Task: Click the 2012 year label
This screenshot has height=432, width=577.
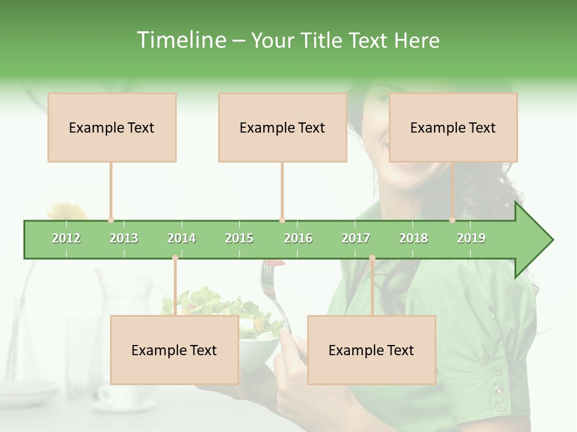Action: [x=66, y=238]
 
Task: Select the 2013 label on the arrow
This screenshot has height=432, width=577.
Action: [x=124, y=238]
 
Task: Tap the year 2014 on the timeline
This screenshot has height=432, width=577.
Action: [x=182, y=238]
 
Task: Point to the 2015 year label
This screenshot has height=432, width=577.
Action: [x=239, y=238]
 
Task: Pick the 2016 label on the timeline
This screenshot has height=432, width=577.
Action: [x=298, y=238]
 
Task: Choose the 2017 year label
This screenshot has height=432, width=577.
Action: [x=356, y=238]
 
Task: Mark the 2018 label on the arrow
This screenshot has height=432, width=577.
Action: [x=414, y=238]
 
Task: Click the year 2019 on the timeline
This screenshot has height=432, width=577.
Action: [x=471, y=238]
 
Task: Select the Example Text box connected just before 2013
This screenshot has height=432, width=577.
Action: [x=112, y=127]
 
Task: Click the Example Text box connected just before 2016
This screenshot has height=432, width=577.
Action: [x=282, y=127]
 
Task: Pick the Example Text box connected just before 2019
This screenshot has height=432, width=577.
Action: [x=453, y=127]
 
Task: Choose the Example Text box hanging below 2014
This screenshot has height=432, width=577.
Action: [x=174, y=350]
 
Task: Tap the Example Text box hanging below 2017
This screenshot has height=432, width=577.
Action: [x=371, y=350]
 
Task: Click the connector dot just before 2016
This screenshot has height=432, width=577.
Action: [x=282, y=220]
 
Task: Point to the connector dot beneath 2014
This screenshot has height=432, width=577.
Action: [x=175, y=258]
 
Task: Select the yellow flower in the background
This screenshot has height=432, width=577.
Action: [x=66, y=211]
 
